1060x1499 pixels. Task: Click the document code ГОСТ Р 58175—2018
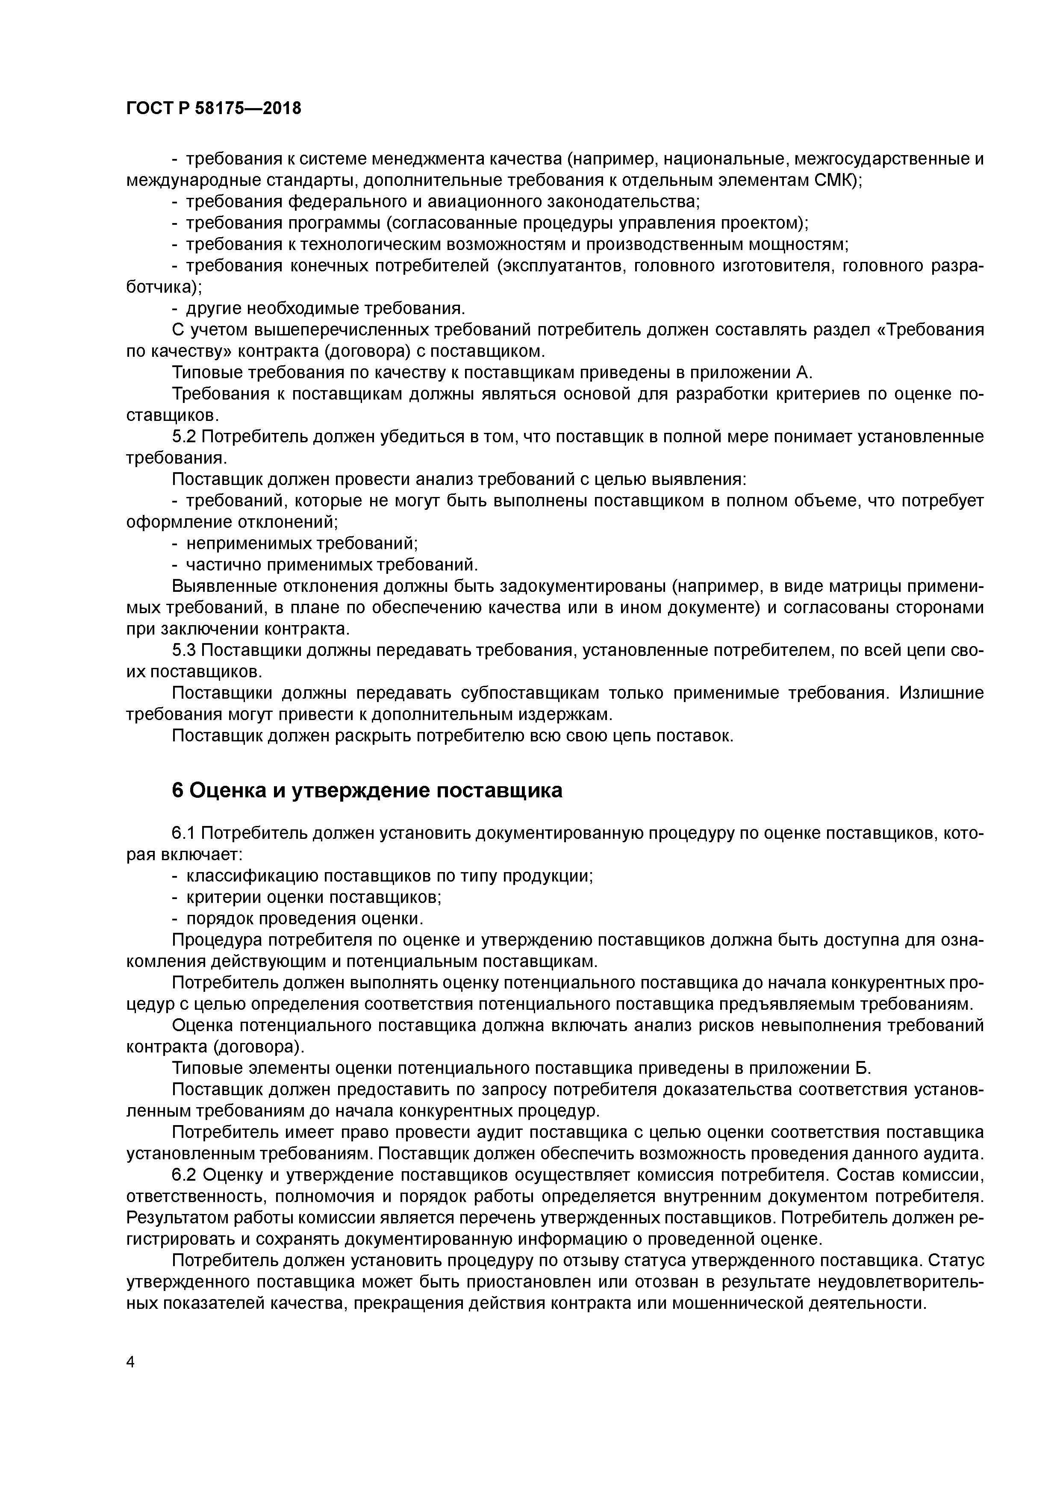click(214, 109)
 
